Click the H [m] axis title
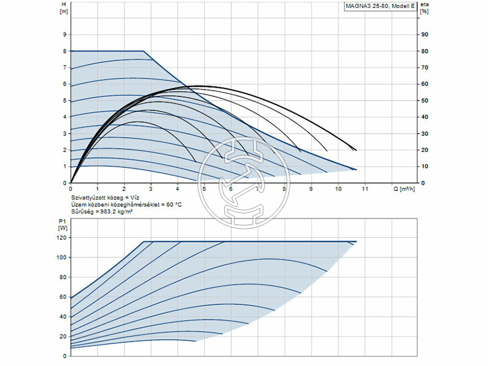tap(63, 8)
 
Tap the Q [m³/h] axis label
tap(405, 189)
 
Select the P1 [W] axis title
tap(62, 224)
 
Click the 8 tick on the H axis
tap(65, 51)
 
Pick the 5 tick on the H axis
tap(65, 101)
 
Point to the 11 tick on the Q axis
tap(365, 189)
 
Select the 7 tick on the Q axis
tap(258, 189)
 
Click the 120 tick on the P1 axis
tap(61, 238)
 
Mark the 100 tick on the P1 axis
tap(61, 257)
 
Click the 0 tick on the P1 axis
tap(65, 356)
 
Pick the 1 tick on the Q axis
tap(98, 189)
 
